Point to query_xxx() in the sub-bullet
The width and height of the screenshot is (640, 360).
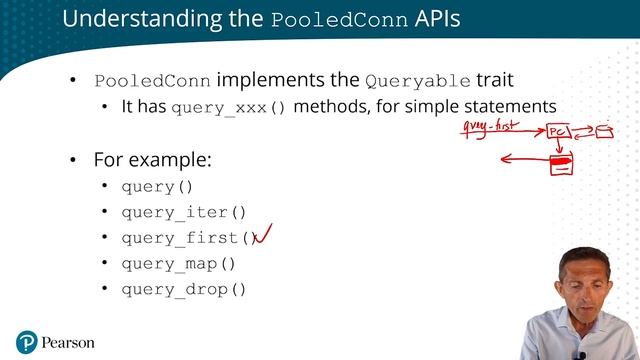pyautogui.click(x=229, y=107)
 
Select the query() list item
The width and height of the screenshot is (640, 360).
pyautogui.click(x=157, y=186)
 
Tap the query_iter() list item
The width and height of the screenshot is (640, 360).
pyautogui.click(x=184, y=212)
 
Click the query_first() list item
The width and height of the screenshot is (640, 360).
pyautogui.click(x=189, y=238)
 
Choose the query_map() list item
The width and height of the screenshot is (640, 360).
pyautogui.click(x=179, y=264)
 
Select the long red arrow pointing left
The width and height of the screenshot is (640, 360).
pyautogui.click(x=524, y=158)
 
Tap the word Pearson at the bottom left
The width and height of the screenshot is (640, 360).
pyautogui.click(x=68, y=342)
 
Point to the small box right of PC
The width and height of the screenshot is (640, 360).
pyautogui.click(x=604, y=133)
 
